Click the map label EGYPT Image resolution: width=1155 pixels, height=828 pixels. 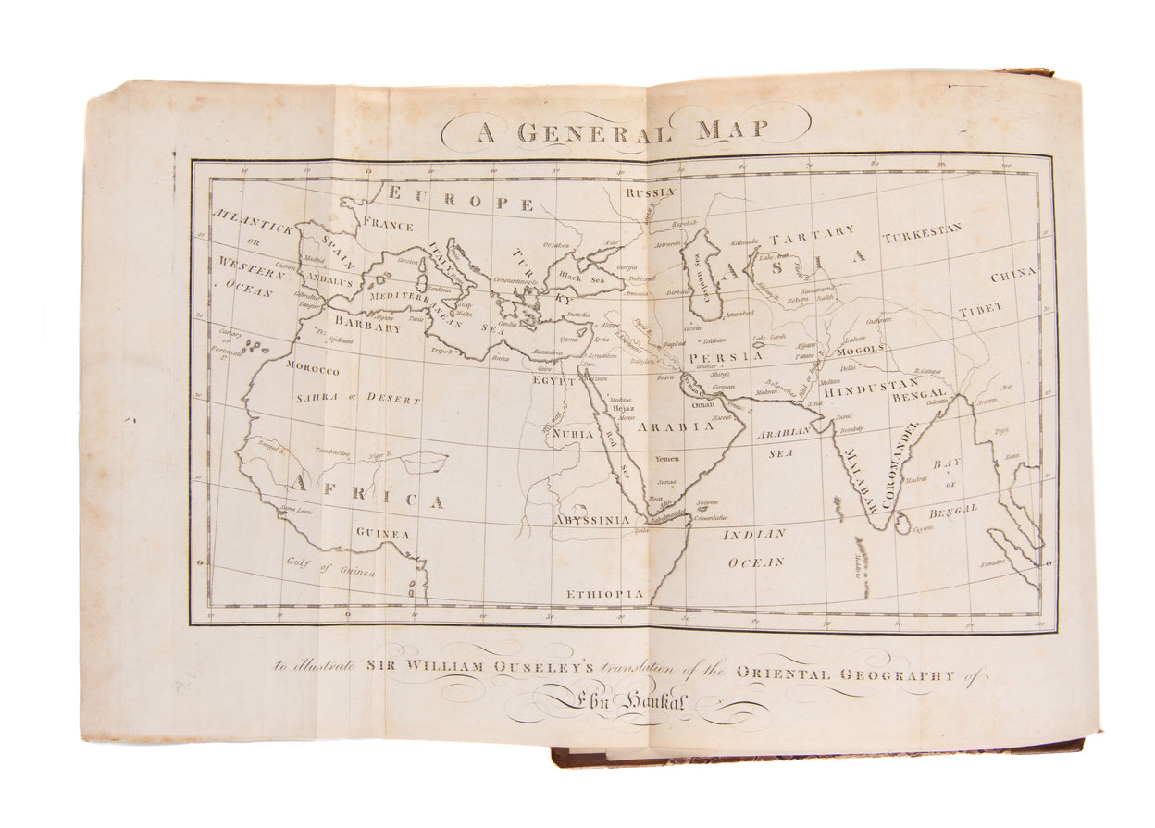coord(554,379)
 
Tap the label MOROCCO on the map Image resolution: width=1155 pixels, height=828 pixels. coord(312,369)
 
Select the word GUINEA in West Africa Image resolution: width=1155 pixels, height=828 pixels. coord(382,533)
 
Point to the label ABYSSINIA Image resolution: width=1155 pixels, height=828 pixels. coord(591,521)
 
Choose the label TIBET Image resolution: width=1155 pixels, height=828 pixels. coord(981,310)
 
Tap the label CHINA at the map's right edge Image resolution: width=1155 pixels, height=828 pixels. coord(1012,277)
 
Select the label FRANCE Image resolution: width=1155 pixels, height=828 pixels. coord(388,223)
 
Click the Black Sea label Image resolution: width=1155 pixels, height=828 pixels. coord(580,278)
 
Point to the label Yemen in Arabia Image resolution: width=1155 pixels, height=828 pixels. coord(666,460)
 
